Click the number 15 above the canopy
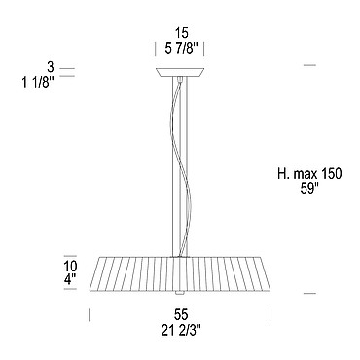click(181, 33)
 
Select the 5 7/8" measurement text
click(181, 49)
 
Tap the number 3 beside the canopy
click(50, 67)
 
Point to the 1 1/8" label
click(37, 83)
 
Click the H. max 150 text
click(309, 174)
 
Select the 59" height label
click(308, 189)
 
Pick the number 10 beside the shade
click(70, 267)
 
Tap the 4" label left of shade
click(70, 279)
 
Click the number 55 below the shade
click(181, 314)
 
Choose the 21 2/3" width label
click(181, 331)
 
